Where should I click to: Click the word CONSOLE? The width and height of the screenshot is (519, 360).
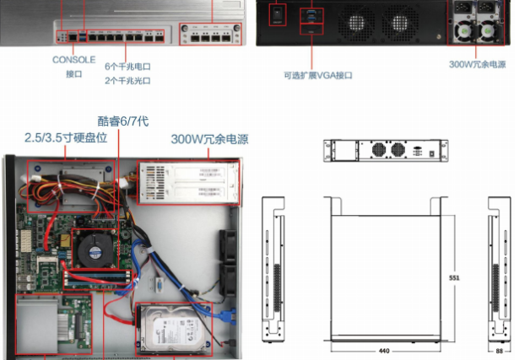tap(74, 60)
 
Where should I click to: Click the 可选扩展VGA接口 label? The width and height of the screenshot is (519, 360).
tap(318, 75)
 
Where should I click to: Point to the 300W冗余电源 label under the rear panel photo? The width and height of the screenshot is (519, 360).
tap(478, 63)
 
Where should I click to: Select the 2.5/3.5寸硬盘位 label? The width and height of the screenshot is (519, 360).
tap(65, 137)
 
